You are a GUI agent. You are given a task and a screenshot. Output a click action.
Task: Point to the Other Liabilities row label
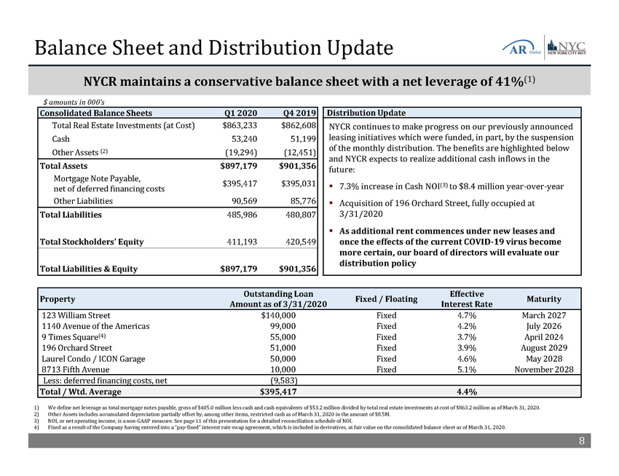tap(83, 201)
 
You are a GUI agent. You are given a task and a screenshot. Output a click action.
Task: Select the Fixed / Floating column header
tap(386, 299)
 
